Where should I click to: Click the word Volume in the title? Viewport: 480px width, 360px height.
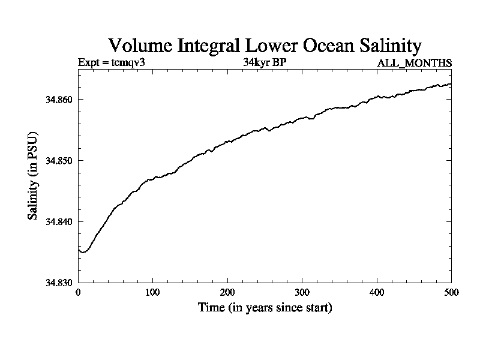click(140, 46)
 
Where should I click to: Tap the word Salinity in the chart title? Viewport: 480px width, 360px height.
click(391, 46)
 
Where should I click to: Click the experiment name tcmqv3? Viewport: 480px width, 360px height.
click(128, 62)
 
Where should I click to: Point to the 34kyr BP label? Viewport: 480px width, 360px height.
click(265, 62)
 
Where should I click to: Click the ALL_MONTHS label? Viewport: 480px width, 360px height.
click(414, 63)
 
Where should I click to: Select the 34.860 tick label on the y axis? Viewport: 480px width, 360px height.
click(59, 100)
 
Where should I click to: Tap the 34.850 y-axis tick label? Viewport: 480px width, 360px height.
click(59, 161)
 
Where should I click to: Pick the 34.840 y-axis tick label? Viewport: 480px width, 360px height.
click(59, 221)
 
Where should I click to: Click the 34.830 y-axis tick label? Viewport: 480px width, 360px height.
click(59, 283)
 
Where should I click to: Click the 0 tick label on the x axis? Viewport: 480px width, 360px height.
click(79, 293)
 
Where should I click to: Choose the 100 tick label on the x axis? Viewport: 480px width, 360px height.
click(152, 293)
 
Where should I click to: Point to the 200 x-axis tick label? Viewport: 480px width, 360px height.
click(227, 293)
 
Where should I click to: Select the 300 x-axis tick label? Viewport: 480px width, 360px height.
click(302, 293)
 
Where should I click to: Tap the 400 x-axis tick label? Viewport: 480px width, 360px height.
click(377, 293)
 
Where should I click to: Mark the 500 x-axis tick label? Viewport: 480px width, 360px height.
click(452, 293)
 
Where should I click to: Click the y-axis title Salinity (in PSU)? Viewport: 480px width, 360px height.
click(32, 176)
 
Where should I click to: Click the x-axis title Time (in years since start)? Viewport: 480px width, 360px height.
click(265, 307)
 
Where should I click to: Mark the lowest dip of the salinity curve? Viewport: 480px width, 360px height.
click(83, 252)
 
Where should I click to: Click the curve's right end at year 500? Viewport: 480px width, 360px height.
click(451, 83)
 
